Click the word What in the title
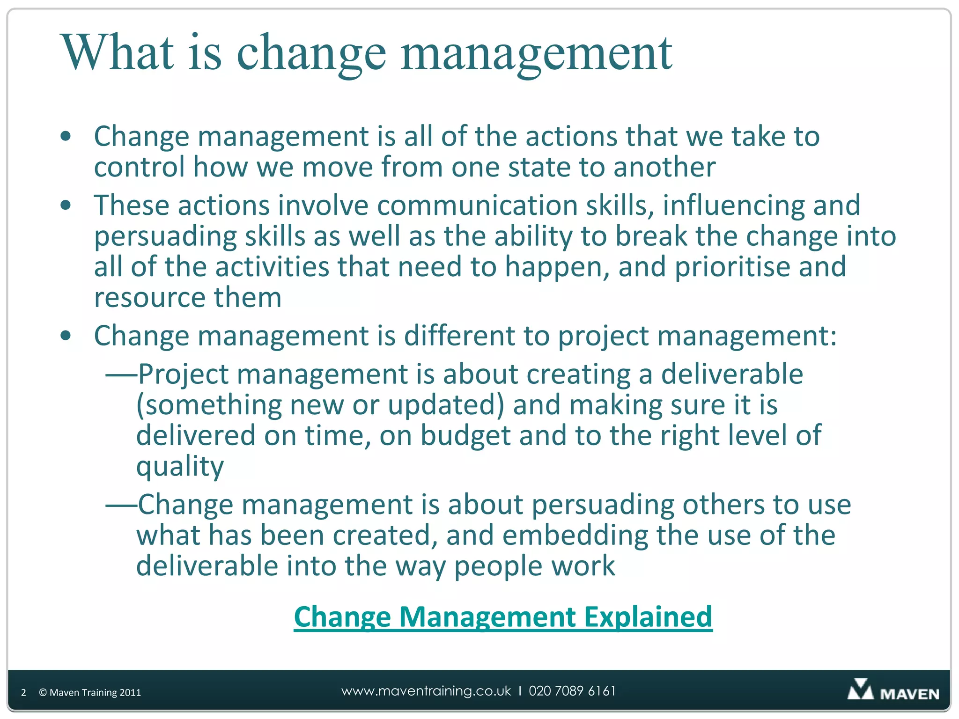coord(117,52)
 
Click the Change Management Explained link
coord(503,617)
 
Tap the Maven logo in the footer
coord(893,691)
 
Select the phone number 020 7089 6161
coord(572,691)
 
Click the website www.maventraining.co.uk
coord(426,691)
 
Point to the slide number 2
coord(23,693)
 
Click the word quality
coord(180,467)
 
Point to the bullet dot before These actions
coord(66,205)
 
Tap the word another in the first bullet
coord(664,168)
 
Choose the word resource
coord(149,298)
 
